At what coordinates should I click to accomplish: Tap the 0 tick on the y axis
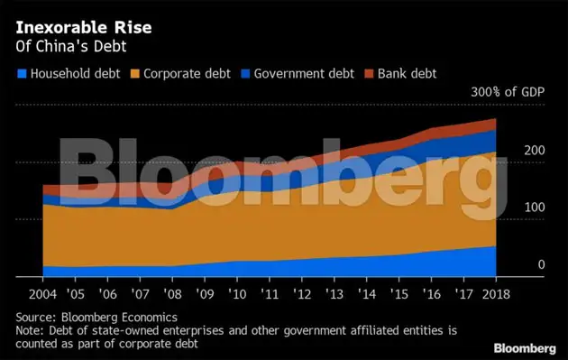[541, 264]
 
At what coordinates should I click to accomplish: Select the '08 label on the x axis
[171, 295]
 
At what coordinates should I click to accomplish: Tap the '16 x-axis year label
[432, 295]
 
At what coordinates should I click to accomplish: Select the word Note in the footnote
[31, 330]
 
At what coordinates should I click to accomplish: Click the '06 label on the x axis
[106, 295]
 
